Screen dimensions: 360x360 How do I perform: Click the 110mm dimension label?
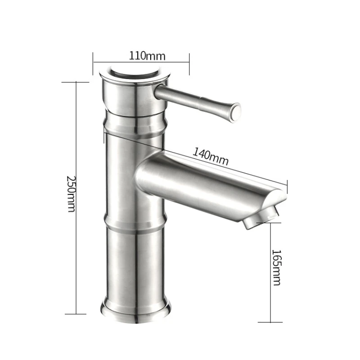(147, 56)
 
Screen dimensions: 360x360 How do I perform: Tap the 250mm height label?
(71, 194)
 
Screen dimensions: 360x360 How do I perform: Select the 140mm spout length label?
(210, 156)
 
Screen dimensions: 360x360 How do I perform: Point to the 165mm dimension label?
(276, 267)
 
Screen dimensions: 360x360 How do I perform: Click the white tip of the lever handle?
(236, 110)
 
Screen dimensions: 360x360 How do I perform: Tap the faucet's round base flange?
(136, 310)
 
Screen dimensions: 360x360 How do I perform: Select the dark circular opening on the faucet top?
(135, 74)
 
